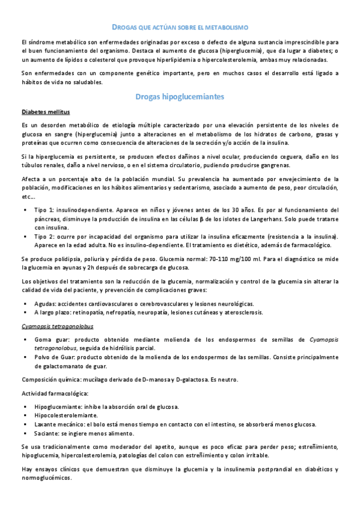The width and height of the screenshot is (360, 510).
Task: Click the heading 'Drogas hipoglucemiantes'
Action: [x=180, y=96]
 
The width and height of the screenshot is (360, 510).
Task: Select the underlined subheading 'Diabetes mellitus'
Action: [x=45, y=112]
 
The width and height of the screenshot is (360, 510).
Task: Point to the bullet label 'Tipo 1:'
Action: [x=44, y=212]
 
